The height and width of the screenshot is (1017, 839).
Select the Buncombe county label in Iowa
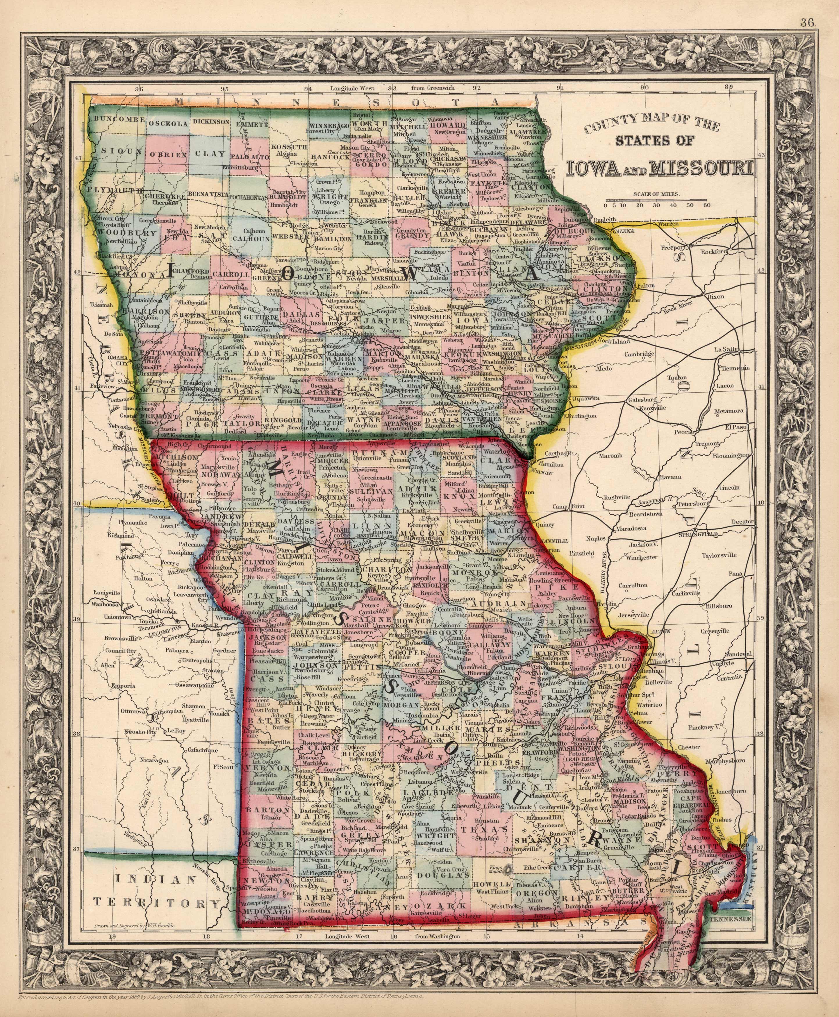(119, 119)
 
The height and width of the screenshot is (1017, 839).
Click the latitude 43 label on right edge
(762, 155)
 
